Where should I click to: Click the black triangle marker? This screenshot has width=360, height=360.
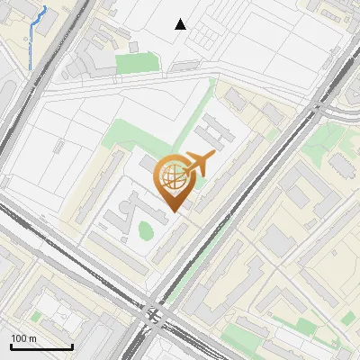click(181, 24)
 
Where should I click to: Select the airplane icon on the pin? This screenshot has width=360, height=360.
click(197, 165)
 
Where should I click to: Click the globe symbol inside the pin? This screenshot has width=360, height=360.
click(172, 176)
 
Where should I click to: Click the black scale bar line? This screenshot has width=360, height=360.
click(41, 346)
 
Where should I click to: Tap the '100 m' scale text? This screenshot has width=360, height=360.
click(24, 337)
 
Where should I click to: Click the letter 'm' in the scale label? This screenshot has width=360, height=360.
click(32, 337)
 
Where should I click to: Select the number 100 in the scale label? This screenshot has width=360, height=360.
click(20, 337)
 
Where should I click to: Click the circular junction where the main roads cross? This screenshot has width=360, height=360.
click(153, 314)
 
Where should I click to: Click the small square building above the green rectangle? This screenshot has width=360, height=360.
click(133, 46)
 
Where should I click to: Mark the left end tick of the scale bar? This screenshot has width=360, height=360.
click(11, 345)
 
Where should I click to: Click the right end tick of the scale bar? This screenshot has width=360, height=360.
click(72, 345)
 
